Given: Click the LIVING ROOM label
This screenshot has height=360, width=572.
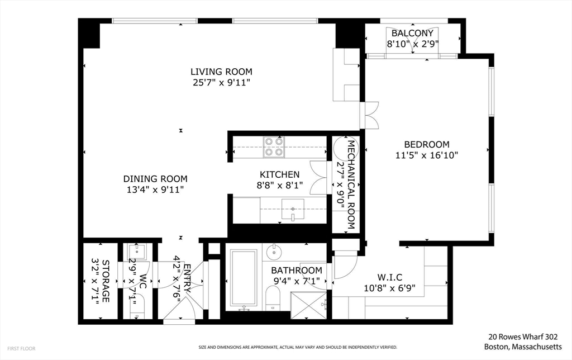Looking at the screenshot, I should [221, 72].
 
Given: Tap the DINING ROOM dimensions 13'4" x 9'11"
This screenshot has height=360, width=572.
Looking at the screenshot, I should [155, 190].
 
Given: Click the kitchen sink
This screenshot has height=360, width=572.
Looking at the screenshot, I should [292, 211].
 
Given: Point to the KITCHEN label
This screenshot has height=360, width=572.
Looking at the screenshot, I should [279, 174].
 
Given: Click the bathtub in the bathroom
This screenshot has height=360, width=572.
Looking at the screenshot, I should [243, 280].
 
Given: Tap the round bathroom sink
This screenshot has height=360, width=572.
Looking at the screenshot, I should [274, 252].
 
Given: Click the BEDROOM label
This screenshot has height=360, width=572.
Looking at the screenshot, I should [426, 144].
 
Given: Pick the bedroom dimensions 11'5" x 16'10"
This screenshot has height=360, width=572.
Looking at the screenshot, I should [426, 156].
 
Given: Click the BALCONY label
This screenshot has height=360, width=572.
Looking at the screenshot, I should [412, 33].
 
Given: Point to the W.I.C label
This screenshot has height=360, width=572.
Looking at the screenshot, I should [390, 277].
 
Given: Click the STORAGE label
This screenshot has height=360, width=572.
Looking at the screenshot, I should [105, 281].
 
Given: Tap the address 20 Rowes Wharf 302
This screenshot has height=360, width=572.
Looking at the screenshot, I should [523, 337].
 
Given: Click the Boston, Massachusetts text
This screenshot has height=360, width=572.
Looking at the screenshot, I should [526, 347].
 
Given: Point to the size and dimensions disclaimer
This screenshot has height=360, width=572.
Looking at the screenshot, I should [297, 348].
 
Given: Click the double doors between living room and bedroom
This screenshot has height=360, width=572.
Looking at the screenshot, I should [369, 116].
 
